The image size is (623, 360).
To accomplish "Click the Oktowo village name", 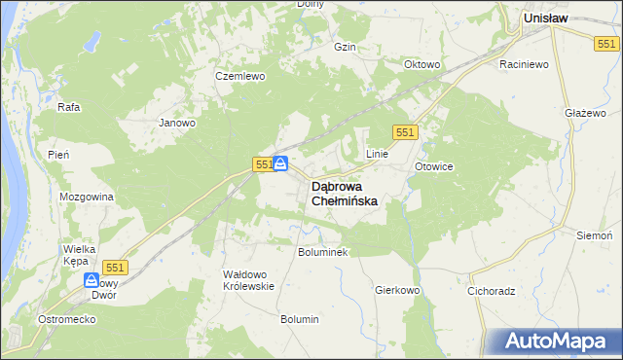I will tap(422, 65).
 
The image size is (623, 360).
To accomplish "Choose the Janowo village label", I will tap(178, 124).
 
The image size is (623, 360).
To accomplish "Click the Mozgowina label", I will tap(87, 197).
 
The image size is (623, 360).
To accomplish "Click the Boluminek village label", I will tap(322, 251).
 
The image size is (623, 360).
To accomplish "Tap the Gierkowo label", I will tap(396, 290).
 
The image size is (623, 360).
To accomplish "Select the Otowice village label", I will tap(434, 166).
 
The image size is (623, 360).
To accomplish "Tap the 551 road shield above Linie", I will tap(406, 131).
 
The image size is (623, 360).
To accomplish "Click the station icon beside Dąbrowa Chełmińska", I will tap(280, 163).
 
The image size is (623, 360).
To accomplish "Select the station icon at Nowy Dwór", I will tap(92, 280).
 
